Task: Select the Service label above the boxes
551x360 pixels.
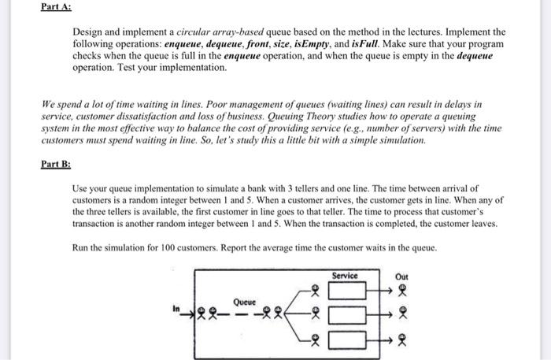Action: point(345,276)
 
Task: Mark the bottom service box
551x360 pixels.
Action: point(346,340)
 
